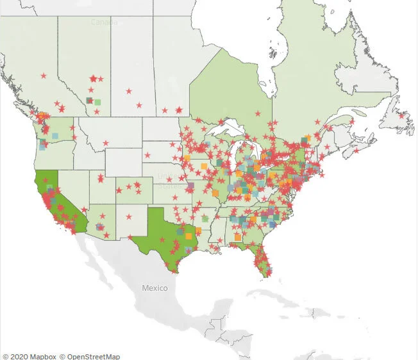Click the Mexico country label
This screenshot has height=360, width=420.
[x=155, y=288]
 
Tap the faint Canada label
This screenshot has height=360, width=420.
[x=104, y=22]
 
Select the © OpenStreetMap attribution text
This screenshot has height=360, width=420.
[x=90, y=356]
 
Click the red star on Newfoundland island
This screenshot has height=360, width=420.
[x=402, y=116]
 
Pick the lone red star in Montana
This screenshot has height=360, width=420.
[x=106, y=143]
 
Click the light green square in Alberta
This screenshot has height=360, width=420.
[x=98, y=101]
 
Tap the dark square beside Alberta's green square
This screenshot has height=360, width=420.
[x=89, y=101]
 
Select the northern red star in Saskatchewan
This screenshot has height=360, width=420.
[x=129, y=91]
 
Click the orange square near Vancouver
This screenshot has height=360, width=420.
[x=42, y=116]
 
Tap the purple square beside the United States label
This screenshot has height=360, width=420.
[x=190, y=186]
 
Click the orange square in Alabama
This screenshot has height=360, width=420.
[x=238, y=237]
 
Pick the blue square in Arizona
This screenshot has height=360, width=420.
[x=99, y=227]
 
